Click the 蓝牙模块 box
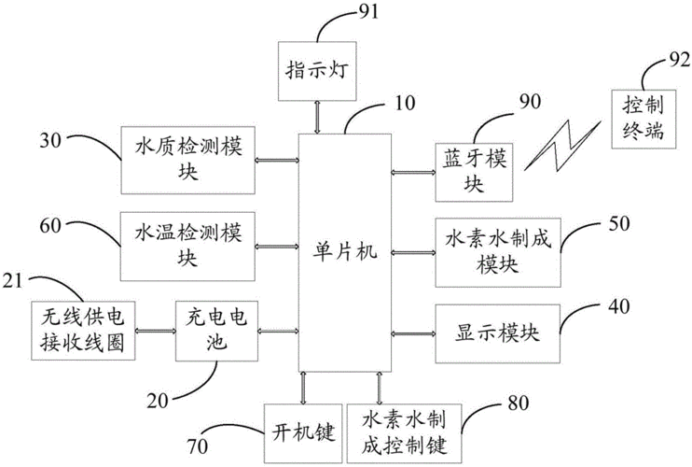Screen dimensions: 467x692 (473, 171)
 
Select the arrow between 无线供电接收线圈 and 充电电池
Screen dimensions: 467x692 (156, 331)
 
